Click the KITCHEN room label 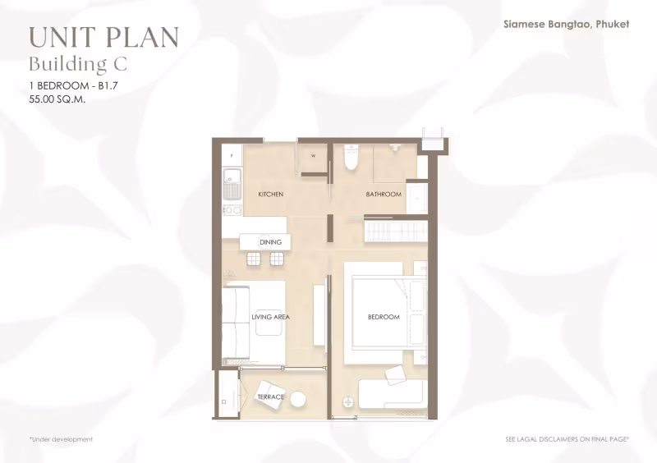[271, 194]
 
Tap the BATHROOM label [384, 194]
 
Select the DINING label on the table [270, 242]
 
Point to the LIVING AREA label [271, 317]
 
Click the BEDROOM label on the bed [384, 317]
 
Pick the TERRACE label [271, 397]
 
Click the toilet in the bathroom [351, 157]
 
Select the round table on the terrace [298, 399]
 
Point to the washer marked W [314, 156]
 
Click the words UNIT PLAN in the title [104, 37]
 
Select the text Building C [78, 64]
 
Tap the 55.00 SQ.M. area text [57, 99]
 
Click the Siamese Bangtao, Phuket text [566, 25]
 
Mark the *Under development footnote [61, 439]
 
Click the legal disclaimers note [567, 439]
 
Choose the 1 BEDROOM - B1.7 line [73, 86]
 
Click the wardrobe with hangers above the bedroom [396, 231]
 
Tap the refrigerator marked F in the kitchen [232, 156]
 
